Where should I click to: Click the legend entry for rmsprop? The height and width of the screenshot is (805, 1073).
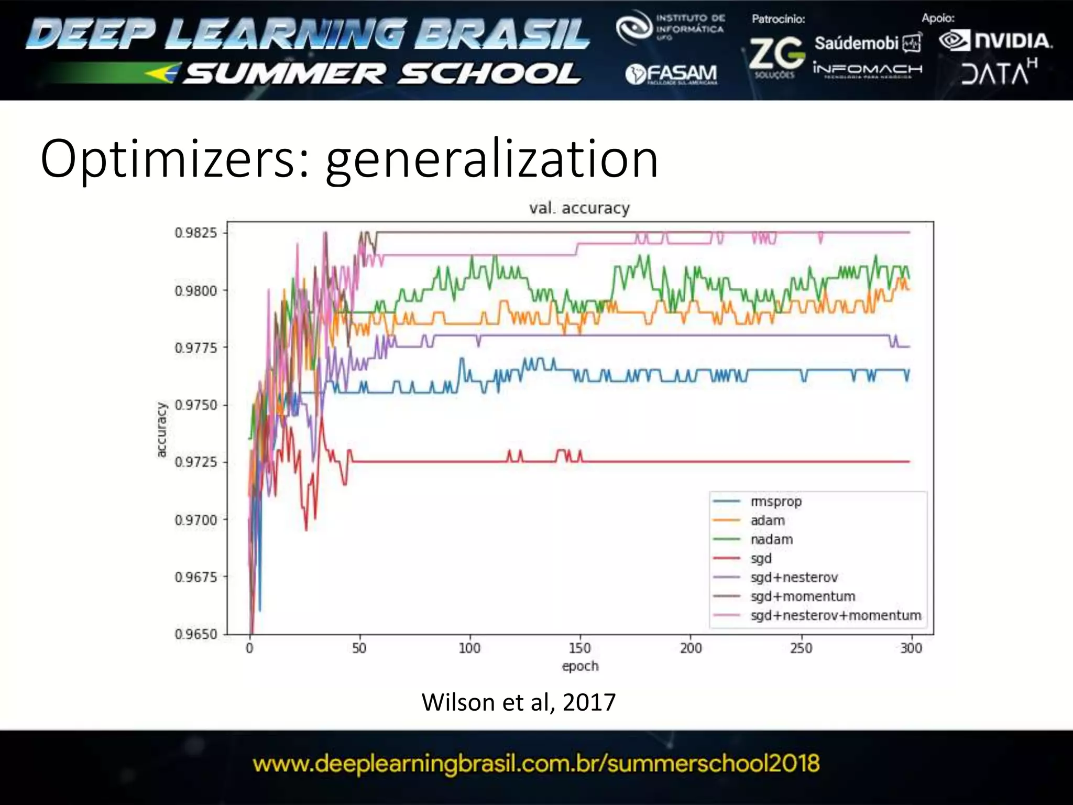[776, 502]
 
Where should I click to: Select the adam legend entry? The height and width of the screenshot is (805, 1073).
[768, 520]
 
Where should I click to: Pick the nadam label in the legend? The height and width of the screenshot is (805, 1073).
[771, 539]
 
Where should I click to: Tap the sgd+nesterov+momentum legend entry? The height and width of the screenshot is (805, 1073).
[835, 615]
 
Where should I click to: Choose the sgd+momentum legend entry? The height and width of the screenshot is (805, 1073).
[802, 596]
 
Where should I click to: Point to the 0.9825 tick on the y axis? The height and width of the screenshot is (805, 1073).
[196, 233]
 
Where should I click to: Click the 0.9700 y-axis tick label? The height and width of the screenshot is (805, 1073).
[196, 520]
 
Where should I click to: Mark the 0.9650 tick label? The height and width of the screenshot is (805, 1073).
[196, 634]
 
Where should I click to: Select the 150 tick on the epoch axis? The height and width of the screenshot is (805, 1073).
[580, 648]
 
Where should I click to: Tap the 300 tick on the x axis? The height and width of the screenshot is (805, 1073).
[911, 648]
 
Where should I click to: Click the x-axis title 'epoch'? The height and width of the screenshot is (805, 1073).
[580, 666]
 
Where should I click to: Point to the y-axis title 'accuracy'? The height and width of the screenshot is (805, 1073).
[161, 430]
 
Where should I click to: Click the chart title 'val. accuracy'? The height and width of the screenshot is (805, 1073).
[579, 208]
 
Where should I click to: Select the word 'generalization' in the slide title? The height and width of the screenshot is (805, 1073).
[491, 159]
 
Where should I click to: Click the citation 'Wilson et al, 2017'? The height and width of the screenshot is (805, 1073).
[518, 702]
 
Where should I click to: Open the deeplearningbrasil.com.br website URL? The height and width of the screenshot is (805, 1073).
[536, 764]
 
